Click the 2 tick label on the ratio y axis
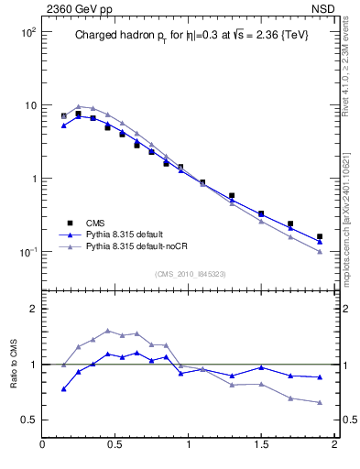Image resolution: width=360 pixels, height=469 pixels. (31, 309)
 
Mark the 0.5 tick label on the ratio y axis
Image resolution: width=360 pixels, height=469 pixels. (27, 420)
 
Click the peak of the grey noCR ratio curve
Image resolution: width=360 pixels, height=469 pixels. (108, 331)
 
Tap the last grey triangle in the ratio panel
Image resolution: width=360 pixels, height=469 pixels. (320, 403)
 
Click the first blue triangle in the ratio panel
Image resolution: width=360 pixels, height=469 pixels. (63, 389)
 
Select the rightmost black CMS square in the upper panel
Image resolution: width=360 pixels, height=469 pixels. (320, 236)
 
